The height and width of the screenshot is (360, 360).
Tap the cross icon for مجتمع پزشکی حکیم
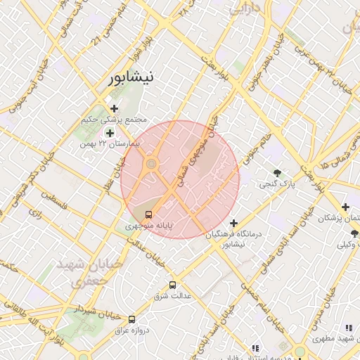[x=114, y=108]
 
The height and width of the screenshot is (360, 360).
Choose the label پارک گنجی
[x=274, y=185]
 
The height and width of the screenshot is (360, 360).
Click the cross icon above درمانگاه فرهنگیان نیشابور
[x=234, y=223]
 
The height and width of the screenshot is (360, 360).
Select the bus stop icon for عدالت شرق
[x=173, y=285]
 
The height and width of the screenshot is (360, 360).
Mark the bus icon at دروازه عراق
[x=132, y=319]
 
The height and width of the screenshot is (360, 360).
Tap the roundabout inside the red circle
[x=150, y=165]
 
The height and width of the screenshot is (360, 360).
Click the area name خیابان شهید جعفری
[x=88, y=271]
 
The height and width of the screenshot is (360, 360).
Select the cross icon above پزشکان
[x=345, y=207]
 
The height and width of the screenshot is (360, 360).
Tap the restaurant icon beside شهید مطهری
[x=348, y=328]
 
